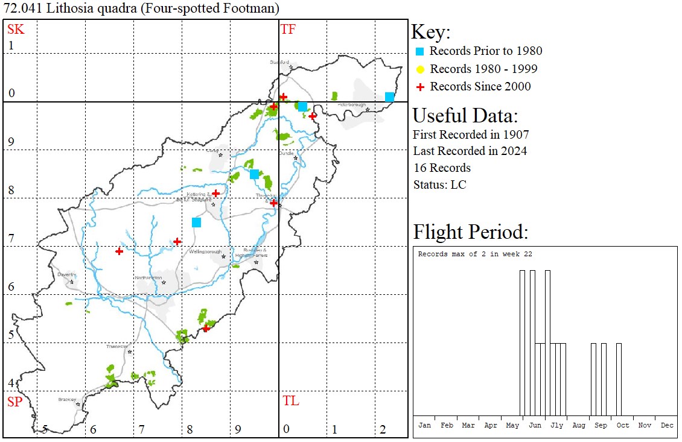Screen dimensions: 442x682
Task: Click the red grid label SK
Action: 16,28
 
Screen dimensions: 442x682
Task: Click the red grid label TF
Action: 288,29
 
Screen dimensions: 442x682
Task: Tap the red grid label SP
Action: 14,402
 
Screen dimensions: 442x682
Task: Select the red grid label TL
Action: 290,401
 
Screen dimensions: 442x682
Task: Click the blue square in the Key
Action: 421,51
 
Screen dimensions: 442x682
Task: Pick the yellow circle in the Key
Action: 421,69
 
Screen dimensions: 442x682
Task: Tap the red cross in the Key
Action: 421,87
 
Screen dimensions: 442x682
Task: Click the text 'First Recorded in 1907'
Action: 471,134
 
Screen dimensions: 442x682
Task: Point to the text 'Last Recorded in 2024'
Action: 470,151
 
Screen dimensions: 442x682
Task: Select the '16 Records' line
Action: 442,168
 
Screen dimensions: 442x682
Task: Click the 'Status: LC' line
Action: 439,185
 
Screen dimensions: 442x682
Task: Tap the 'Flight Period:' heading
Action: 470,232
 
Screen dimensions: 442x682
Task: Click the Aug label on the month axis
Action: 579,425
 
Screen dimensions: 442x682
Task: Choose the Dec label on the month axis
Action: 667,425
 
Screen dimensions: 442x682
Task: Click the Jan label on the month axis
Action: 424,425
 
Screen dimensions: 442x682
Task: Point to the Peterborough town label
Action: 352,105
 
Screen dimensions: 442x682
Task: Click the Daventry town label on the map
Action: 66,274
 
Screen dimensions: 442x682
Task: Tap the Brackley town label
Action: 67,399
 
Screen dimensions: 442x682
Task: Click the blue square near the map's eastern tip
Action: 389,97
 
